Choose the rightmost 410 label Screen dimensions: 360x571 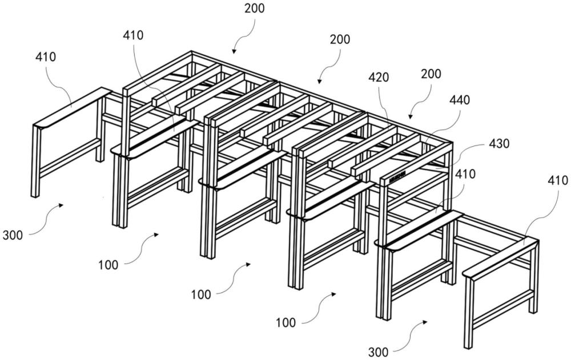(557, 181)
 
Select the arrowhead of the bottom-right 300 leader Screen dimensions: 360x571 (425, 322)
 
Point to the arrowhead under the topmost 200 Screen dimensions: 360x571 (234, 52)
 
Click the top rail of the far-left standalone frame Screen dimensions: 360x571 (72, 107)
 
